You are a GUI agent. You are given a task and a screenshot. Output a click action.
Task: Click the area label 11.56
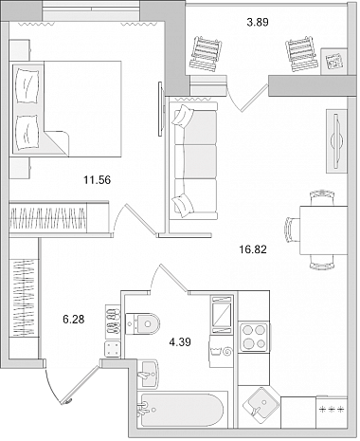(97, 180)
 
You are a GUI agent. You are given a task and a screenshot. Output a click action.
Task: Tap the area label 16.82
(253, 249)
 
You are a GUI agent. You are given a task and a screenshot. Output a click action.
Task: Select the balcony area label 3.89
(258, 23)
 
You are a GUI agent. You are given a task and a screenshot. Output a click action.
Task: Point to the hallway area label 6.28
(74, 320)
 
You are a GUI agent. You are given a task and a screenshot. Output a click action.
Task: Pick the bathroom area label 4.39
(180, 342)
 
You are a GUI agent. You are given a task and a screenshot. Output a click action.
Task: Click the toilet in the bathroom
(142, 323)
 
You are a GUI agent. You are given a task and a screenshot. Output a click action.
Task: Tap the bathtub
(182, 410)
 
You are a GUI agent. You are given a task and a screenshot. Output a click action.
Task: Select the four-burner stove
(255, 338)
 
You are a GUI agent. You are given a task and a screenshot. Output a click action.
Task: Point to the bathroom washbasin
(148, 374)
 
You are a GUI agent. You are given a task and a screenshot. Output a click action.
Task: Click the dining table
(323, 230)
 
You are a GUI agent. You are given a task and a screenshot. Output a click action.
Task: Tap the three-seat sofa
(194, 160)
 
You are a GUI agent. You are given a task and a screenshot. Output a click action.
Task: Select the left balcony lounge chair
(206, 53)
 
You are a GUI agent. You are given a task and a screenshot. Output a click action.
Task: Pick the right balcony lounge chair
(301, 54)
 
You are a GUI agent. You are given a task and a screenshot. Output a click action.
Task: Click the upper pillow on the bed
(27, 85)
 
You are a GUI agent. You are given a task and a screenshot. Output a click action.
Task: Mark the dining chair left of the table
(293, 230)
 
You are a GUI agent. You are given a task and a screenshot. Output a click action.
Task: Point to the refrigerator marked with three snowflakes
(332, 411)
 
